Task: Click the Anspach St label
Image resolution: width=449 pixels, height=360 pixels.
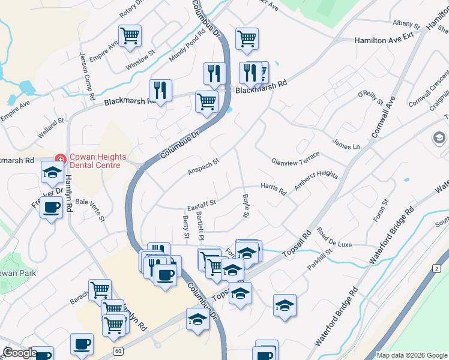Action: click(x=203, y=166)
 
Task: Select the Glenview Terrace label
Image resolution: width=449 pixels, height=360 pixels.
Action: click(x=295, y=158)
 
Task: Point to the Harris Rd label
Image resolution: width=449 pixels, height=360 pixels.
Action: click(x=274, y=188)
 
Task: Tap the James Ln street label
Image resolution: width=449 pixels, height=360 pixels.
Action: click(x=346, y=143)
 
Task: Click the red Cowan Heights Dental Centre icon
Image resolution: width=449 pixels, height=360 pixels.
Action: click(x=60, y=159)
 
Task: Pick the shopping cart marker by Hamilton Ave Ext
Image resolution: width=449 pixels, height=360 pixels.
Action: click(x=247, y=38)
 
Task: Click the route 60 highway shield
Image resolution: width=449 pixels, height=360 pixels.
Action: click(x=118, y=350)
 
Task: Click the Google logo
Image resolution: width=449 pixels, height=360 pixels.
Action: click(x=19, y=353)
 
